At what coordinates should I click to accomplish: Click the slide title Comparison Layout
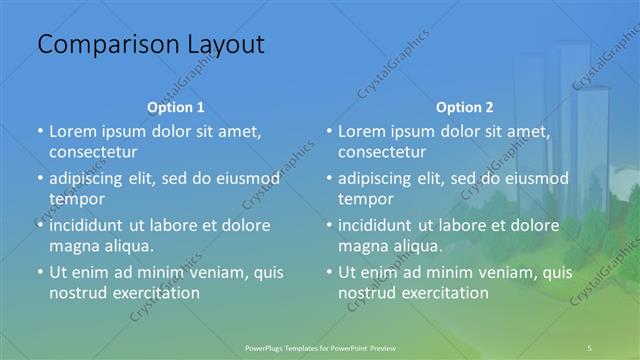150,45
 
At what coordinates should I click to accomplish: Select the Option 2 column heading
464,107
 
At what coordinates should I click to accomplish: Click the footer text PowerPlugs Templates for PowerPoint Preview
320,347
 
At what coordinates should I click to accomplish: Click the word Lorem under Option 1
72,131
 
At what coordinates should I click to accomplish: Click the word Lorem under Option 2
361,131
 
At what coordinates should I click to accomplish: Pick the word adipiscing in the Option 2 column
378,178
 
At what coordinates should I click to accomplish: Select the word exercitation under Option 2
442,293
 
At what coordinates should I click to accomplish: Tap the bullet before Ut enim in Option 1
39,272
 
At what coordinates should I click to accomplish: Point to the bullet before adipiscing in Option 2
328,179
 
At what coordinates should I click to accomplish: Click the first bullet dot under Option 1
39,132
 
